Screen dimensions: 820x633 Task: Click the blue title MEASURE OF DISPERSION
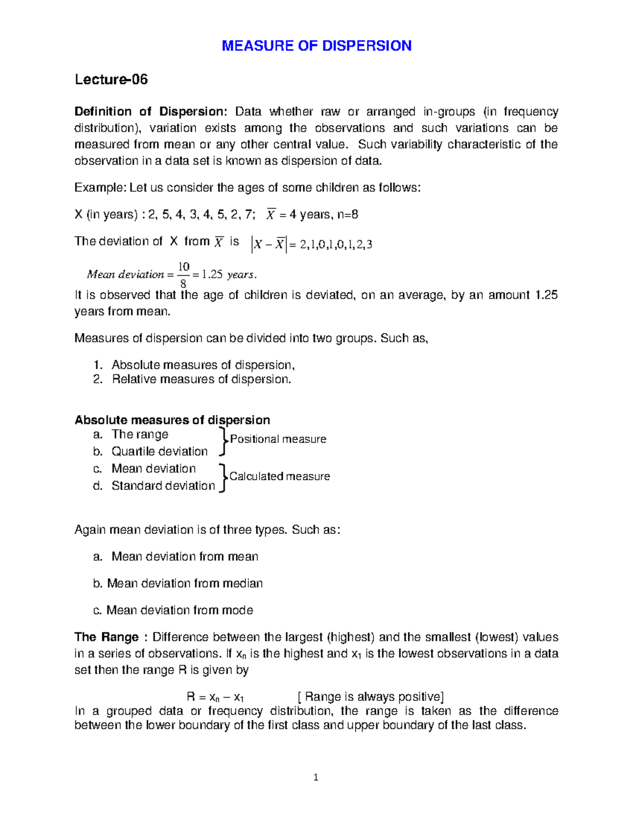coord(316,46)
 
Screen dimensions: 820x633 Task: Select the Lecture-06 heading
coord(111,80)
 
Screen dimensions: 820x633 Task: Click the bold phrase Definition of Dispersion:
coord(150,112)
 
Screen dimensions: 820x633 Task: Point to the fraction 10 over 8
coord(184,275)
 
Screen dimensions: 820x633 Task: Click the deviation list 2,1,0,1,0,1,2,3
coord(335,244)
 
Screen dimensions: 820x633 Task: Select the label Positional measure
coord(278,439)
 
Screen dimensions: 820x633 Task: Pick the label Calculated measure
coord(280,476)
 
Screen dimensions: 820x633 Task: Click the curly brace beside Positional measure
coord(223,442)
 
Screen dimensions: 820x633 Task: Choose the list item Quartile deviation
coord(159,451)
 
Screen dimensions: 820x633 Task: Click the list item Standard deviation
coord(163,486)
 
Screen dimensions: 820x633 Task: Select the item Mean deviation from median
coord(185,583)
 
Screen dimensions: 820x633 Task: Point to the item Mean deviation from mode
coord(179,610)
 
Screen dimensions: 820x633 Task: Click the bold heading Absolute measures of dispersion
coord(172,420)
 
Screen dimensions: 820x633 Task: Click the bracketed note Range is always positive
coord(371,697)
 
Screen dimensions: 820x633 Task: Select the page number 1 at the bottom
coord(316,777)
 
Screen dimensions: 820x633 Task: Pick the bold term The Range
coord(106,637)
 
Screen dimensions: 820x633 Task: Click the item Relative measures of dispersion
coord(201,380)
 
